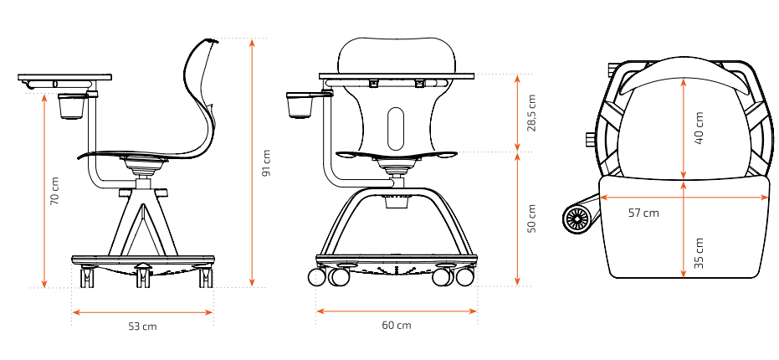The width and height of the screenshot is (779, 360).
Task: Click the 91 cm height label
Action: point(267,162)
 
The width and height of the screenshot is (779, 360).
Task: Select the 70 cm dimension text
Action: point(54,190)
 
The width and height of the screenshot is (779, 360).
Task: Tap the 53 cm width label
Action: point(142,327)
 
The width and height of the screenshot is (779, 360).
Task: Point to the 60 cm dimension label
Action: point(397,326)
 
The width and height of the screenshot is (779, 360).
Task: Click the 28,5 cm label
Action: point(532,113)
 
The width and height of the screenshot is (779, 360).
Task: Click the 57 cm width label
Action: point(643,213)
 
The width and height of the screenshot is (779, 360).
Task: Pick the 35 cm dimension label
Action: point(699,253)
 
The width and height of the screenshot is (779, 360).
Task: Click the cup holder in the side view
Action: point(71,106)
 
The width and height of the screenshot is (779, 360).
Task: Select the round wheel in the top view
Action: point(577,219)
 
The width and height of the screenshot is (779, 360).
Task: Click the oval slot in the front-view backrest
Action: point(396,128)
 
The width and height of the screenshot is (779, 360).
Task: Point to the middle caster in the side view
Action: point(143,275)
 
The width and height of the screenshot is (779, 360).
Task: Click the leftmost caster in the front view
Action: point(316,277)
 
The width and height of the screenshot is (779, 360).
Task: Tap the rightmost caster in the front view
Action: point(465,277)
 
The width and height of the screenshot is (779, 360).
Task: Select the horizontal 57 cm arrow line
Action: point(684,198)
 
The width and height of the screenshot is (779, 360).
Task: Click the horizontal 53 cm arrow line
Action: point(142,312)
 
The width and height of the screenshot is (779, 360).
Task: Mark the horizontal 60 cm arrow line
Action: point(397,311)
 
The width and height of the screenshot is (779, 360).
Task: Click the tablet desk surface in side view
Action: point(64,78)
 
